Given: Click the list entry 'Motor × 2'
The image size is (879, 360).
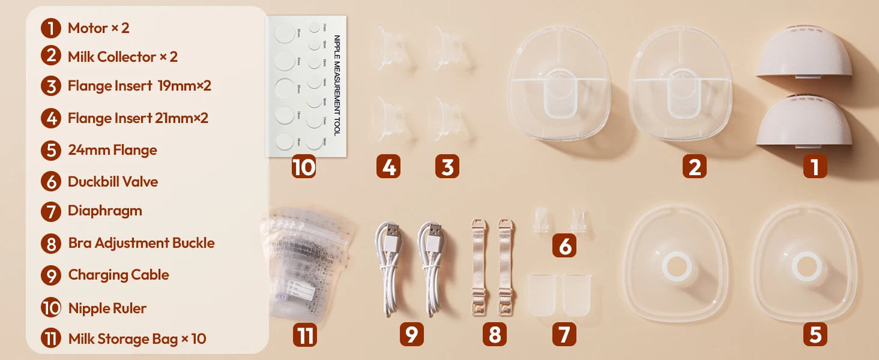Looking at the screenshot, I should point(98,28).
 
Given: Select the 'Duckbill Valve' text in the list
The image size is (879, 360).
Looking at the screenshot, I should point(113,181).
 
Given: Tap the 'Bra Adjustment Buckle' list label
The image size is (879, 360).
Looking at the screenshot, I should point(141,243).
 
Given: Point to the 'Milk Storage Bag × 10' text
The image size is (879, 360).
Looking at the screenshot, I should point(137,339).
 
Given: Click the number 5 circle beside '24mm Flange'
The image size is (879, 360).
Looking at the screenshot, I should point(52,150).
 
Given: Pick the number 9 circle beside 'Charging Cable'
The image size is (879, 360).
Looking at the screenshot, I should point(52,275).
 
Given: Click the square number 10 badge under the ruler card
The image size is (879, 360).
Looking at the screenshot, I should point(304,167).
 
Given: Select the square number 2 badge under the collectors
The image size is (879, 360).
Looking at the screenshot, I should point(694,166).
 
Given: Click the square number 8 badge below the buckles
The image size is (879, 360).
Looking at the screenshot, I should point(494,334).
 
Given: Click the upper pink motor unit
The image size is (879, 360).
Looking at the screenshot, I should point(804,53).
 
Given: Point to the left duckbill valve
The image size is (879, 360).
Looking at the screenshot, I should point(539,220).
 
